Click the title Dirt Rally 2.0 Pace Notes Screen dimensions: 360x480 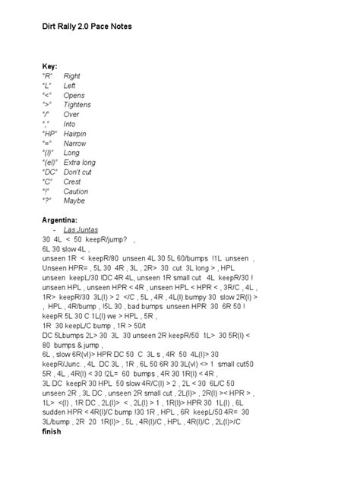click(87, 26)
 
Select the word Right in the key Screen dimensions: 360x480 click(72, 76)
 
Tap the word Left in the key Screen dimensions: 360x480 click(70, 85)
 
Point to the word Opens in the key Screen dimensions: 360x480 click(74, 95)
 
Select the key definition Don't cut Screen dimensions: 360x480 click(78, 172)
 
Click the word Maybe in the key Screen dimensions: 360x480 click(74, 201)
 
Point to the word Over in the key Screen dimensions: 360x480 click(71, 114)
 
